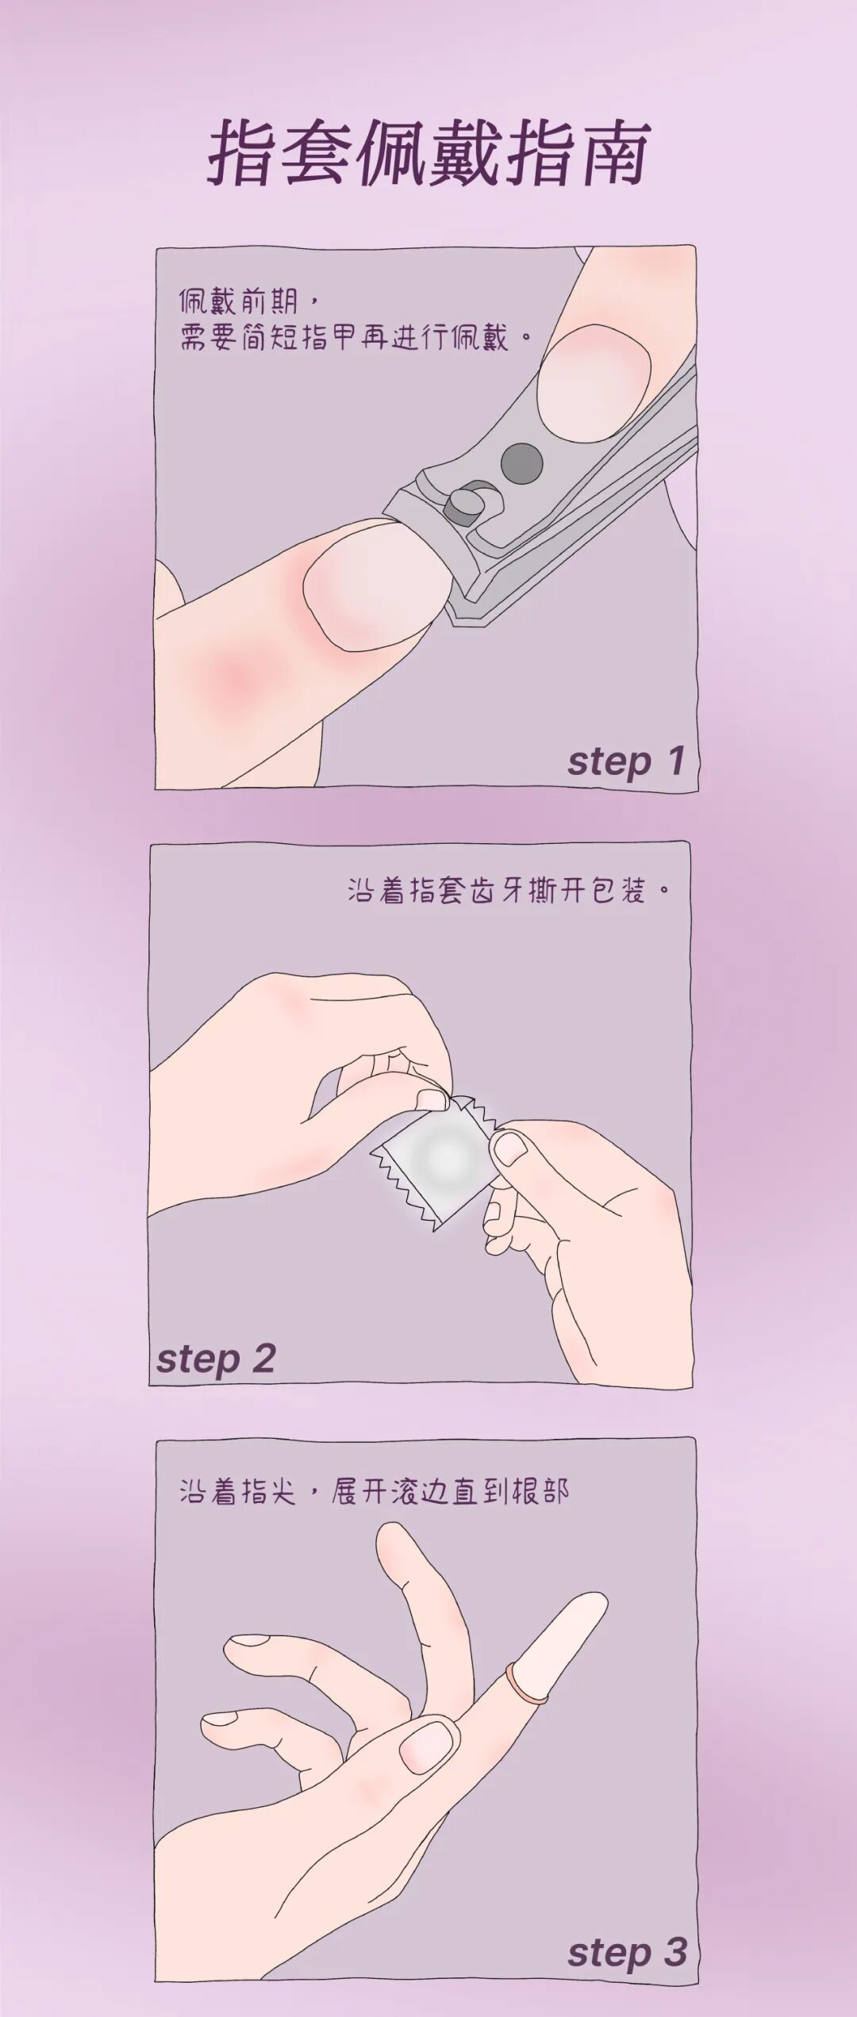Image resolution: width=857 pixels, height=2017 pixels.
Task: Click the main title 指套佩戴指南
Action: pos(429,153)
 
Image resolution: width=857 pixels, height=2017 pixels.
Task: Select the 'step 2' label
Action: pos(216,1358)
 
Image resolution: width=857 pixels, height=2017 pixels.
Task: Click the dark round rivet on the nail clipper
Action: pos(521,461)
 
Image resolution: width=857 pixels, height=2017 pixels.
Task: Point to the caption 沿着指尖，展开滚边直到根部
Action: pos(374,1492)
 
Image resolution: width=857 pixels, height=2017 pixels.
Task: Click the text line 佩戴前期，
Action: pos(248,301)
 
